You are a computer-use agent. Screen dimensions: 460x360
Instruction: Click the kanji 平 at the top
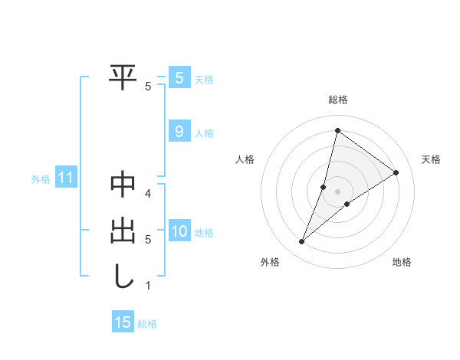tap(123, 77)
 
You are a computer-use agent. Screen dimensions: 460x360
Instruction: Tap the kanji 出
tap(123, 231)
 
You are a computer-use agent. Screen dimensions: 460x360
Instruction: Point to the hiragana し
tap(123, 277)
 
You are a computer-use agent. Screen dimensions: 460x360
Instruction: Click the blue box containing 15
tap(123, 322)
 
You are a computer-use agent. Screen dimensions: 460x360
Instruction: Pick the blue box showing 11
tap(65, 178)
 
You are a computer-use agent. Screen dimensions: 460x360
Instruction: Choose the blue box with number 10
tap(179, 231)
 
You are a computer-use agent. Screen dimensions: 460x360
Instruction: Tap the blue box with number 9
tap(179, 132)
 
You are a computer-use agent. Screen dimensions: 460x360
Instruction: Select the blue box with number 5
tap(179, 78)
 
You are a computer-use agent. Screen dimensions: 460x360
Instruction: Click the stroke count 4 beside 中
tap(148, 193)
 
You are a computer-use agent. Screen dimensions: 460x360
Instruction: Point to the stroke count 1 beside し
tap(148, 286)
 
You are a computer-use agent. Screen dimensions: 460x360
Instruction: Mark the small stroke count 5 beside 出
tap(148, 240)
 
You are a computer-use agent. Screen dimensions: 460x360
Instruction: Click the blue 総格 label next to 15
tap(147, 324)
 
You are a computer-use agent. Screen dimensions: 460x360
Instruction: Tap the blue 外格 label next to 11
tap(41, 180)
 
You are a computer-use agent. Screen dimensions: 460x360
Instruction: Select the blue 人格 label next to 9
tap(204, 133)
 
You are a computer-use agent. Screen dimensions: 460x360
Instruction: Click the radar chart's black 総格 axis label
tap(337, 100)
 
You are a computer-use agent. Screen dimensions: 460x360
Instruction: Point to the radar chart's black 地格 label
tap(402, 262)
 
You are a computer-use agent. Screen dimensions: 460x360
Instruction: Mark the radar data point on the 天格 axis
tap(396, 172)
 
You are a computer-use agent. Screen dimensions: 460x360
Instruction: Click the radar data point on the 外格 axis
tap(302, 242)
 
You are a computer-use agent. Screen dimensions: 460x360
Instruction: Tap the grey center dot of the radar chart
tap(337, 191)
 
